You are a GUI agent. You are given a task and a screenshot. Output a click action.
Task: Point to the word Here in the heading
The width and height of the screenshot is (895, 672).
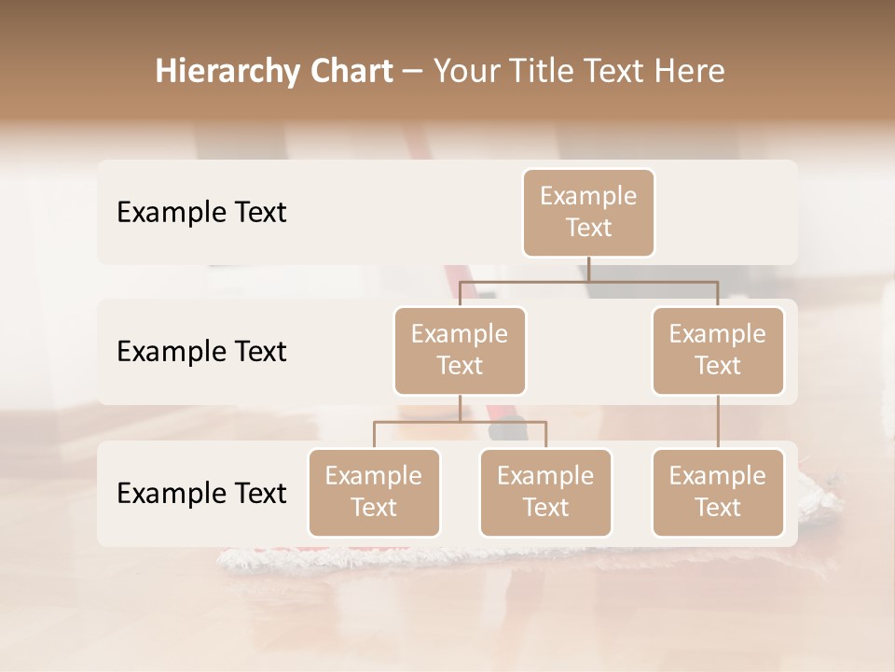[x=690, y=72]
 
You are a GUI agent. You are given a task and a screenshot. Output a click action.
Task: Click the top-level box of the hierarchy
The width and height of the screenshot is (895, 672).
[x=588, y=213]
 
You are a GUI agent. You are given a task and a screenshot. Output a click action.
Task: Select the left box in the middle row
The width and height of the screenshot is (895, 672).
[x=460, y=351]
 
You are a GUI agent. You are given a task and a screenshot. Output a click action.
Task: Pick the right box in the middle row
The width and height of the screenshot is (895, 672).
[x=718, y=351]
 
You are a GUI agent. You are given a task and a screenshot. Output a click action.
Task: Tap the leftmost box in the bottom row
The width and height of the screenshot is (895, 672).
[x=374, y=493]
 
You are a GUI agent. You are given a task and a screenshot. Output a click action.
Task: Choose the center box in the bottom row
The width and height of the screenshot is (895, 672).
[x=545, y=493]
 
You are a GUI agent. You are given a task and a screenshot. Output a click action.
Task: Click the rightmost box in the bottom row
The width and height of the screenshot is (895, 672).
[x=718, y=493]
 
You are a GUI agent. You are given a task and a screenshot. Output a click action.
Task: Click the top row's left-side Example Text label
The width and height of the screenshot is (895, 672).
[x=201, y=213]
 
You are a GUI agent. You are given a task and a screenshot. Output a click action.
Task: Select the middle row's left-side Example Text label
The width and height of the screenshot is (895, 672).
[x=201, y=352]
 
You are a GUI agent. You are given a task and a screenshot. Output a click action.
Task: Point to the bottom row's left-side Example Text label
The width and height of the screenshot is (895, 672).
[x=201, y=494]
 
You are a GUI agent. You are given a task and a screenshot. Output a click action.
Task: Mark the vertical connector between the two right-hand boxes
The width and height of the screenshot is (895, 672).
[x=718, y=422]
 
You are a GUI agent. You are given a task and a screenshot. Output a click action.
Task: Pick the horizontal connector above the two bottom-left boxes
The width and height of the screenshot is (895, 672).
[x=460, y=422]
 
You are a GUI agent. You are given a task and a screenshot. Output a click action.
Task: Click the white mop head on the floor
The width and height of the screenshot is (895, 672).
[x=522, y=558]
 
